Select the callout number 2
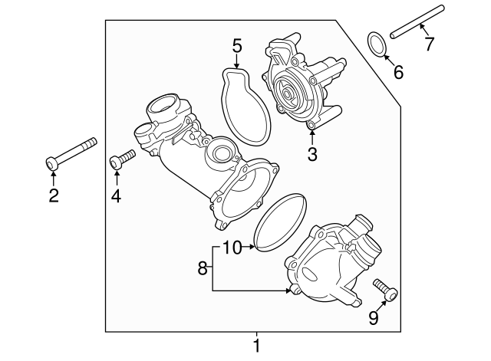coord(53,195)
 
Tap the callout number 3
coord(311,154)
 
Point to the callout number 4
coord(117,196)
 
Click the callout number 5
coord(237,46)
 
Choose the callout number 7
coord(429,43)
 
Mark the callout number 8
coord(203,268)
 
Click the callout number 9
coord(374,317)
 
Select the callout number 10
coord(232,247)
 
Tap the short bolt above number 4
coord(122,159)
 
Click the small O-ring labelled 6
coord(377,44)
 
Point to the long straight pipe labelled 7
coord(417,21)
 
